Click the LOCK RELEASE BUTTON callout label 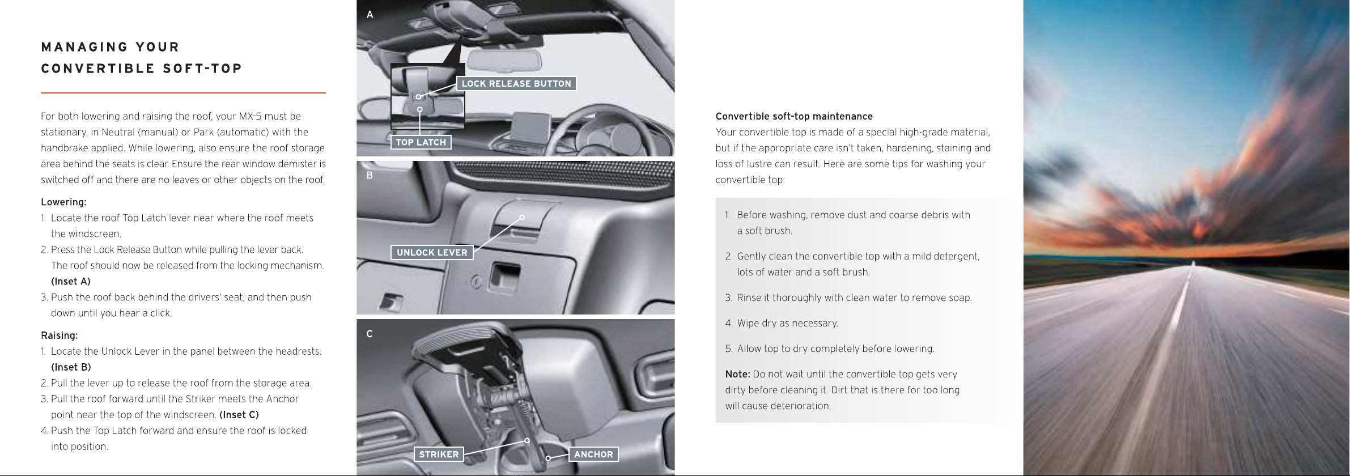[x=516, y=84]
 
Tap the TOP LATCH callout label [x=421, y=142]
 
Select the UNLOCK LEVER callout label [x=432, y=253]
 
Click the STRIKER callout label [x=439, y=454]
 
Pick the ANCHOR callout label [x=593, y=454]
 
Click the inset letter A [x=370, y=15]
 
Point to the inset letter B [x=370, y=176]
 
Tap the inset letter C [x=370, y=334]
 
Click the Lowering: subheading [x=63, y=202]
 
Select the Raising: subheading [x=60, y=335]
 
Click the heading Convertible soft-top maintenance [x=794, y=117]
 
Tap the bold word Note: [x=737, y=374]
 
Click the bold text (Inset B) [x=71, y=367]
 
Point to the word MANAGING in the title [x=84, y=47]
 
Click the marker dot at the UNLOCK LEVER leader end [x=522, y=218]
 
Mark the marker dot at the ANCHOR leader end [x=548, y=458]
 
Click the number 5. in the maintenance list [x=729, y=349]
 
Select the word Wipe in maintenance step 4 [x=748, y=324]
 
